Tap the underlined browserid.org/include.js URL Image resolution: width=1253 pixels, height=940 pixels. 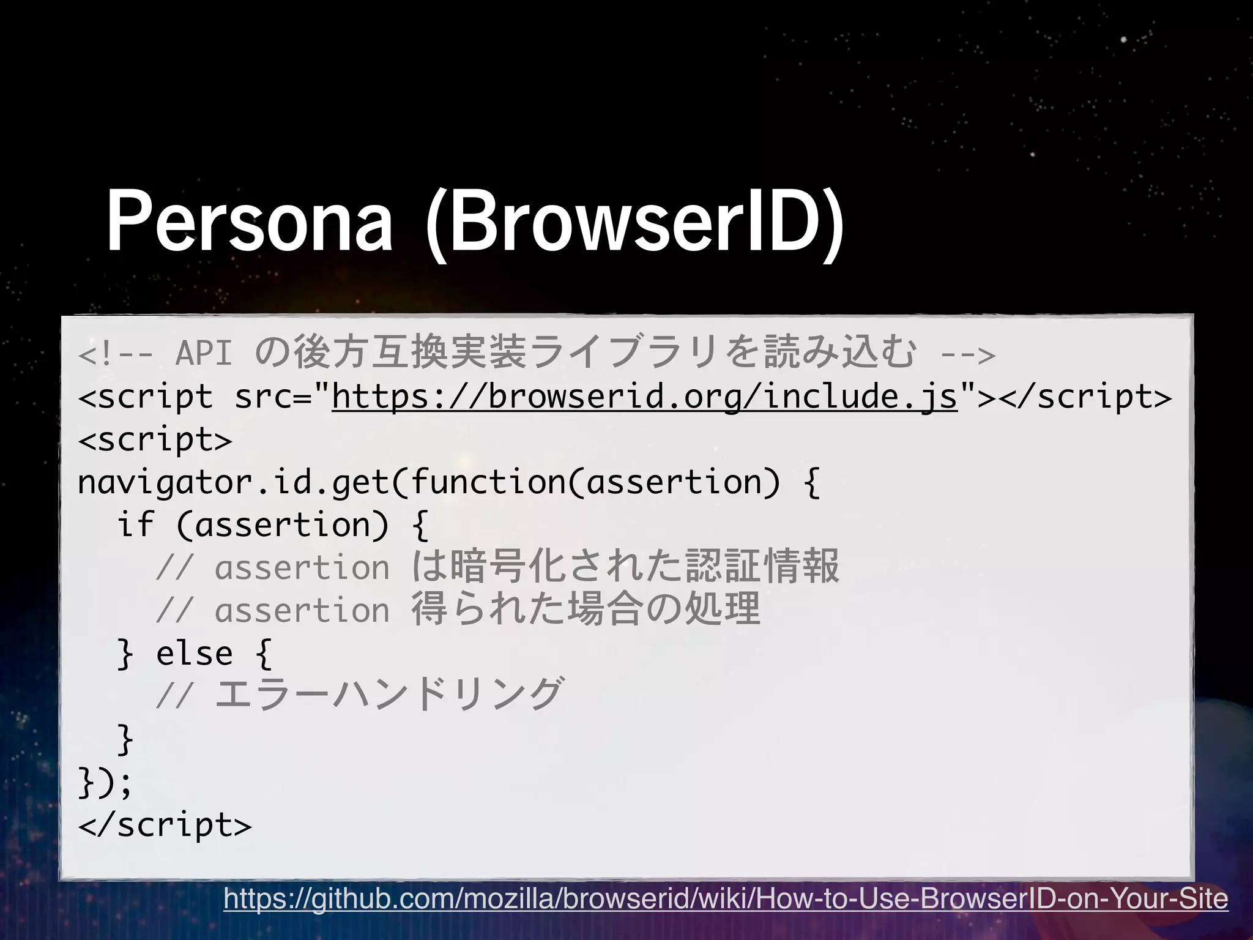click(644, 397)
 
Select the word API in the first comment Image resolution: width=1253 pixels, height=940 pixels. click(204, 354)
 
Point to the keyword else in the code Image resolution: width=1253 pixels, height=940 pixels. click(195, 654)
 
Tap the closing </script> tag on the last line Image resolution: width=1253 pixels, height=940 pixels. click(165, 825)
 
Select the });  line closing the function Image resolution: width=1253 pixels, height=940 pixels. click(105, 783)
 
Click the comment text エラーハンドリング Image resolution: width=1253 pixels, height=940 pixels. click(388, 694)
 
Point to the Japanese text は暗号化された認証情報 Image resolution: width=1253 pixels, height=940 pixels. click(625, 567)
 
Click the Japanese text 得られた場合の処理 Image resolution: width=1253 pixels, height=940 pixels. click(586, 610)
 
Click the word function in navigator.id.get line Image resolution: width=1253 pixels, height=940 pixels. click(488, 483)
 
